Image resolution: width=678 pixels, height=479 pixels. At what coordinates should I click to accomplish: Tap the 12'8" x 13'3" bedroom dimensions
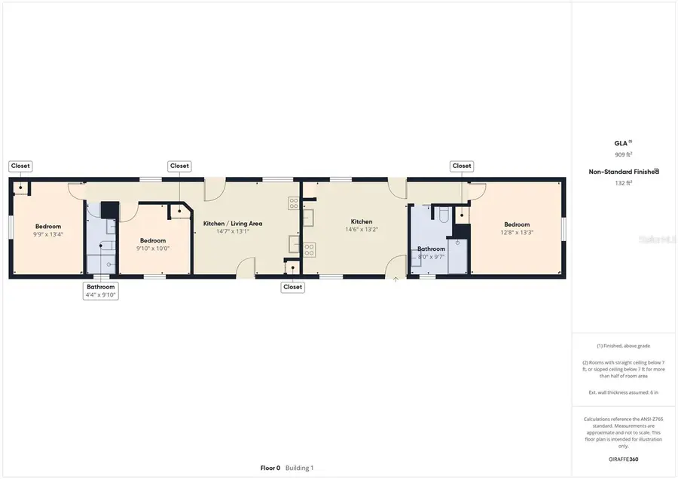517,233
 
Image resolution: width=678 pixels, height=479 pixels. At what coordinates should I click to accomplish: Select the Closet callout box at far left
20,166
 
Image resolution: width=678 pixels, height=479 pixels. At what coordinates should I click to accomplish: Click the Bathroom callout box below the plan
100,287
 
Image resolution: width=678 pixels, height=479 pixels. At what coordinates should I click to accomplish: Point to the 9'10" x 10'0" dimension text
152,249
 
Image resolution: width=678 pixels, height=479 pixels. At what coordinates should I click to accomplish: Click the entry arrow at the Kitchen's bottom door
396,279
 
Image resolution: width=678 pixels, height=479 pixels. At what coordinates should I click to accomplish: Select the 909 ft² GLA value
623,154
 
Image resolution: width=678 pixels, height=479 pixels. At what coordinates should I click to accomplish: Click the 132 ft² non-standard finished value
623,182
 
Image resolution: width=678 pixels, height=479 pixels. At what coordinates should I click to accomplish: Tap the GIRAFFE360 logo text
623,459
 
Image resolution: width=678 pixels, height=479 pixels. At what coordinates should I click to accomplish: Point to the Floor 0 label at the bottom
270,468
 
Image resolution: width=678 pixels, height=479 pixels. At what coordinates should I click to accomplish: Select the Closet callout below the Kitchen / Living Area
292,287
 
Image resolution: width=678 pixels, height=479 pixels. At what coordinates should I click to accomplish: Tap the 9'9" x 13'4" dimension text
48,234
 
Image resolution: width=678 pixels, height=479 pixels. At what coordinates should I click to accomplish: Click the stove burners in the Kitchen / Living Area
293,203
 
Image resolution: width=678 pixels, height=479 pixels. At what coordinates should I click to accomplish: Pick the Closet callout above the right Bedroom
461,166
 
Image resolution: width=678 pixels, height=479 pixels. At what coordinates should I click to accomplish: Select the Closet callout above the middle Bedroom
179,166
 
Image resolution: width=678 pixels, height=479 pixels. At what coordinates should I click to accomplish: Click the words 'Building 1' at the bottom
299,468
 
